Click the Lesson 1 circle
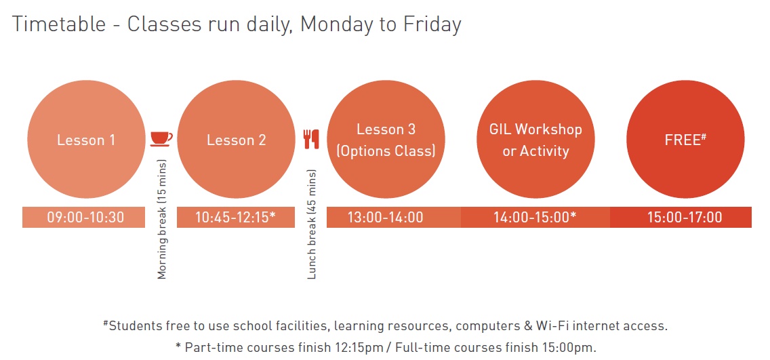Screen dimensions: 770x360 click(x=87, y=140)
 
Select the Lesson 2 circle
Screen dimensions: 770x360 click(x=236, y=140)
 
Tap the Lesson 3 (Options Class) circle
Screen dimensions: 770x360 click(x=386, y=140)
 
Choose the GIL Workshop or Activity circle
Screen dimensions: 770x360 click(x=535, y=140)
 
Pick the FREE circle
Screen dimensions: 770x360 click(x=685, y=140)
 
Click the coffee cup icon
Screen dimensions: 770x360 click(x=161, y=139)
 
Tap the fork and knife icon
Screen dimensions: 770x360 click(x=311, y=139)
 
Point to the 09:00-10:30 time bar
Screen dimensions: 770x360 click(x=83, y=217)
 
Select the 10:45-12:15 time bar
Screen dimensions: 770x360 click(x=236, y=217)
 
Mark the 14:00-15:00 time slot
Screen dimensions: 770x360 click(x=535, y=217)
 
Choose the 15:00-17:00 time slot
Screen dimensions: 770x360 click(x=681, y=217)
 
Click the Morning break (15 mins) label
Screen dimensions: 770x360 click(x=162, y=220)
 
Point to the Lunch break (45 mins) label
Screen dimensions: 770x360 click(x=312, y=224)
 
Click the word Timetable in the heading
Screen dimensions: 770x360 click(x=59, y=24)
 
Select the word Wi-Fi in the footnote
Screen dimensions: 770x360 click(x=570, y=325)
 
